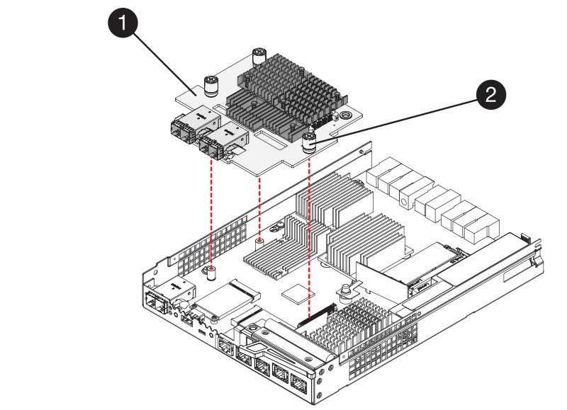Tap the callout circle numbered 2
[491, 94]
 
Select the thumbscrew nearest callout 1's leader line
[209, 86]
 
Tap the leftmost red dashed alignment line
[212, 212]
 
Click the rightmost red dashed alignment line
[309, 234]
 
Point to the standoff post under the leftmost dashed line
[212, 271]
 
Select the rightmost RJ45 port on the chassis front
[298, 385]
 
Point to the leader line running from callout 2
[397, 117]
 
